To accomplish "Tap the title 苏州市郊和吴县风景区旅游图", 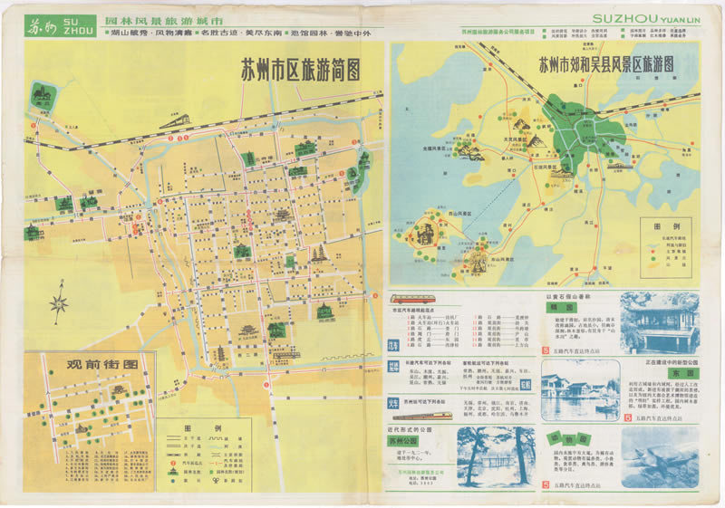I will [606, 65].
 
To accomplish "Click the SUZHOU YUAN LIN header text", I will [643, 17].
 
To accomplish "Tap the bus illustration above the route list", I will [411, 298].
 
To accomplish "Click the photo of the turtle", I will [660, 456].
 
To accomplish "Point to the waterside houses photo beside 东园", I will [580, 389].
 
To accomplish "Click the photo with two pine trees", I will [490, 458].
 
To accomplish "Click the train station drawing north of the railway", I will [175, 120].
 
